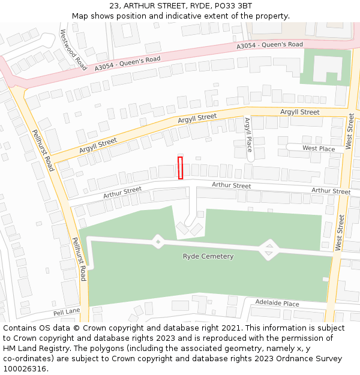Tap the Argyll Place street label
[248, 135]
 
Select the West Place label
[319, 148]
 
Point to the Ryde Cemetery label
[208, 256]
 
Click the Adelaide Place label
[277, 303]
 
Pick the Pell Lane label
[66, 313]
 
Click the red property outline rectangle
[180, 167]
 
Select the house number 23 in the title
[114, 6]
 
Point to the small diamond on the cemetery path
[158, 241]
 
